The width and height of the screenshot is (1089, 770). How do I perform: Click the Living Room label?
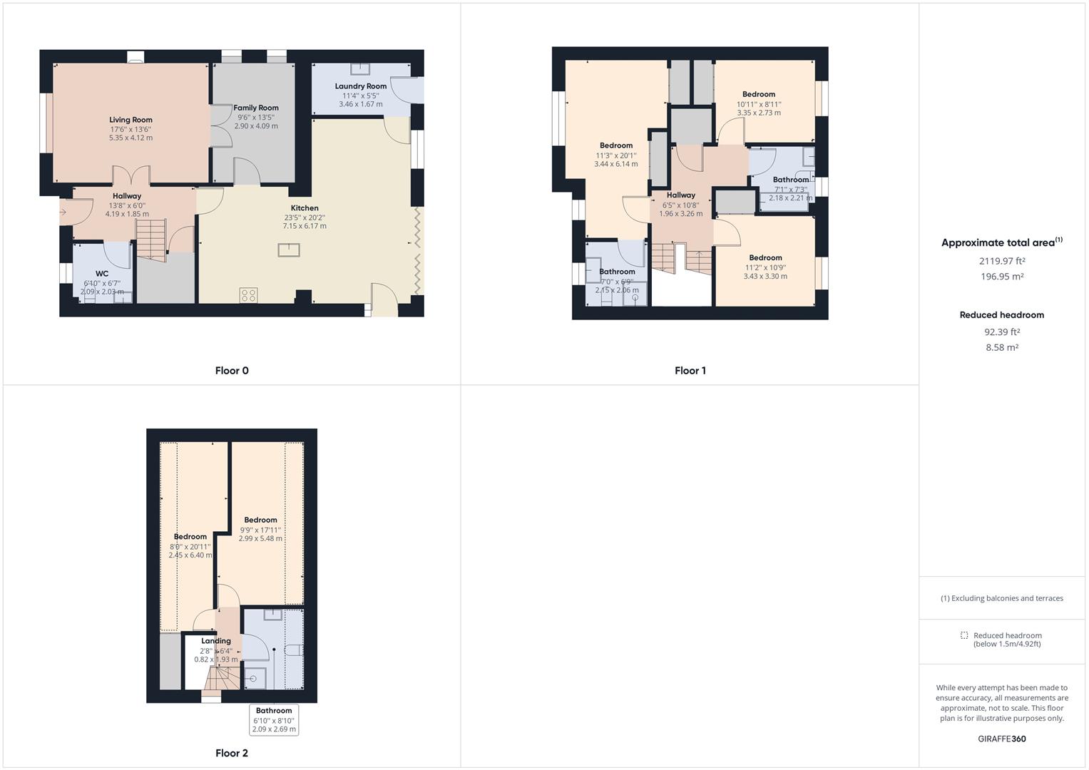point(131,120)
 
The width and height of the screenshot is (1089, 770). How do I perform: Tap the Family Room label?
point(256,108)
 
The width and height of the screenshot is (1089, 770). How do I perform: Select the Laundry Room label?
point(361,86)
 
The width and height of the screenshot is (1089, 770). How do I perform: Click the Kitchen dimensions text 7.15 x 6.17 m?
point(305,226)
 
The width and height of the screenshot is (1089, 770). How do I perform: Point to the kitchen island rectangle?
point(289,250)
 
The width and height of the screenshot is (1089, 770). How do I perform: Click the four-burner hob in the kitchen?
point(248,294)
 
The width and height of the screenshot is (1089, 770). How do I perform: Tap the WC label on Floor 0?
point(102,274)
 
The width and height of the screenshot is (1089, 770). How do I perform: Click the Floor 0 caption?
point(232,371)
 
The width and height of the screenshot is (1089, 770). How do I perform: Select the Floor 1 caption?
point(690,371)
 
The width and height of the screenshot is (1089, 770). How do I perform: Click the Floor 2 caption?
point(232,753)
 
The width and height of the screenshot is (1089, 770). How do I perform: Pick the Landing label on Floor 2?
point(215,641)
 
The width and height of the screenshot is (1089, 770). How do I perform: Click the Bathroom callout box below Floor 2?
point(274,720)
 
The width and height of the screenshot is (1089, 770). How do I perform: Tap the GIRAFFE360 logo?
point(1001,739)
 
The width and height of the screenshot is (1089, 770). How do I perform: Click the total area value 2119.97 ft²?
point(1002,261)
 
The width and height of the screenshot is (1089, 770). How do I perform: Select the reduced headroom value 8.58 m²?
point(1002,348)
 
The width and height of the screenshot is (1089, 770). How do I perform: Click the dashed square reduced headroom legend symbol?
point(964,635)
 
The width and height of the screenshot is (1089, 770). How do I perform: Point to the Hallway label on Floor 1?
point(680,195)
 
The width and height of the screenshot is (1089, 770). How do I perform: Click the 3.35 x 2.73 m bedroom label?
point(759,113)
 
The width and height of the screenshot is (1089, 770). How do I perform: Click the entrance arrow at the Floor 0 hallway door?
point(63,212)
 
